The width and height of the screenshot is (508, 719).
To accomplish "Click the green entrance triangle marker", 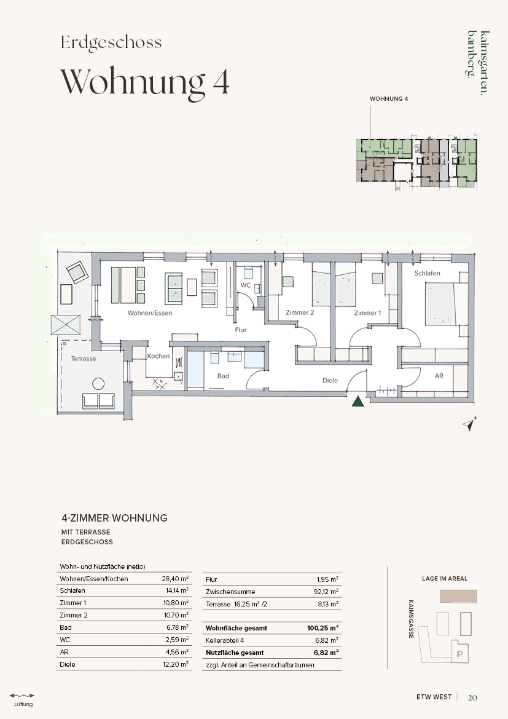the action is point(358,401).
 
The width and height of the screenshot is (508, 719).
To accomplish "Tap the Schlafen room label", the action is point(427,273).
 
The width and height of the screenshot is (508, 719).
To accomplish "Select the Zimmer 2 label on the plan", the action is point(300,312).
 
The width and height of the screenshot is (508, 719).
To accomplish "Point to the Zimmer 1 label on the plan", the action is point(367,312).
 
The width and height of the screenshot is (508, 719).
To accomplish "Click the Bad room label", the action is point(223,376).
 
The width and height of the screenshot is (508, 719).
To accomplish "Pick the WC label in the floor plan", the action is point(246,285).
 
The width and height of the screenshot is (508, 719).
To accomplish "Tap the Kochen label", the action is point(158,356).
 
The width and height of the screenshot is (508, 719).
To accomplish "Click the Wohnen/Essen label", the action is point(150,312).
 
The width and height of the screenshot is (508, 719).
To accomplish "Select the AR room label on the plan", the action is point(439,376).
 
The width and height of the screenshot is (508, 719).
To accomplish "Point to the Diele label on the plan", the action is point(330,380).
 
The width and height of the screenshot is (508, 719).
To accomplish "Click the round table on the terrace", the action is point(98,383).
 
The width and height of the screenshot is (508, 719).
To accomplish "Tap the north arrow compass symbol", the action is point(469,424).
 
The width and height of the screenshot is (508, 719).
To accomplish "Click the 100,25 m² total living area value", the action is point(322,628).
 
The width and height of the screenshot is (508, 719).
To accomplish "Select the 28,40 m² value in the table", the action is point(175,579).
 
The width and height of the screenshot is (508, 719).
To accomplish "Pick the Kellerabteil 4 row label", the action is point(225,641).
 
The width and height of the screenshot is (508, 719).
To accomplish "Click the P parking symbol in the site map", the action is point(460,654).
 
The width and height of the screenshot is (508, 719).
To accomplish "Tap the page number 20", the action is point(472,697).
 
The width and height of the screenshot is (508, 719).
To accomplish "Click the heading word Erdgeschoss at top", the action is point(111,42).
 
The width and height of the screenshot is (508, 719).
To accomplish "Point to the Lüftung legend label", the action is point(23,704).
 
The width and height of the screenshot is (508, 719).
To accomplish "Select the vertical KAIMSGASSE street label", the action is point(411,619).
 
